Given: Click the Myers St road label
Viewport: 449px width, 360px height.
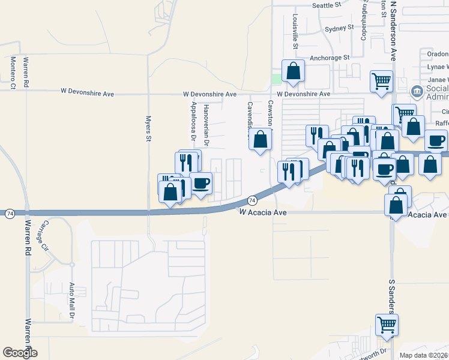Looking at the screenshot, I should click(x=148, y=129).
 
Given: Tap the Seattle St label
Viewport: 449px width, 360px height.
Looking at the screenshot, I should click(x=326, y=5).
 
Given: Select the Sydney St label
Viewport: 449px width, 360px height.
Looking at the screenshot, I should click(x=339, y=28).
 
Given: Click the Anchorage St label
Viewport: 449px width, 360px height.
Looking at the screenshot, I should click(x=330, y=58).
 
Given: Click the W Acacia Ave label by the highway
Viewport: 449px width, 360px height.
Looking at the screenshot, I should click(x=264, y=213).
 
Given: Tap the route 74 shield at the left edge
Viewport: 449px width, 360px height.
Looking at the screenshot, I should click(x=9, y=213).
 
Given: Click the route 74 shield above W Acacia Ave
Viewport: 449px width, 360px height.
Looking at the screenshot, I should click(x=252, y=199).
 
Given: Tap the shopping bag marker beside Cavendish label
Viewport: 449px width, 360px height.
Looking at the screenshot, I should click(x=260, y=140).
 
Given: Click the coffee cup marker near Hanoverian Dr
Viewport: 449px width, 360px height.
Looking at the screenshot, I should click(x=201, y=182).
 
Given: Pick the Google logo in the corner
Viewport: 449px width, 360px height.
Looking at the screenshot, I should click(x=20, y=352).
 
